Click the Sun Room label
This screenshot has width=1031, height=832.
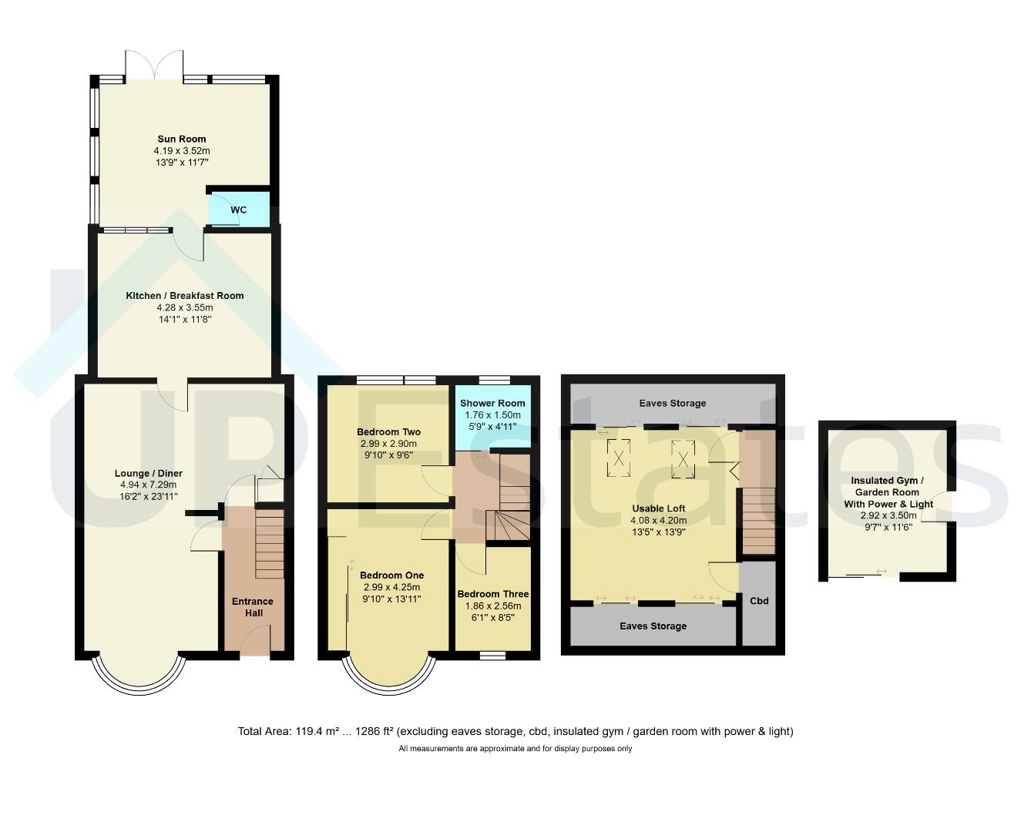tap(182, 139)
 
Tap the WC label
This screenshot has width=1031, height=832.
tap(238, 210)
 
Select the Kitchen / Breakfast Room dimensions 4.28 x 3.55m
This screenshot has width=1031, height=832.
tap(184, 307)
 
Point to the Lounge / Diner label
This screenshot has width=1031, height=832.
tap(149, 473)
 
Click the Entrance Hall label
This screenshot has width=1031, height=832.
tap(253, 607)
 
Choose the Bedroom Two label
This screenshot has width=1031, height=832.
tap(388, 431)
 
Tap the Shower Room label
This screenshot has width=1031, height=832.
tap(492, 403)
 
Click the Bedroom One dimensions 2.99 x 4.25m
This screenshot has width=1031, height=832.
tap(391, 587)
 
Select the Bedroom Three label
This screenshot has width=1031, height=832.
tap(492, 594)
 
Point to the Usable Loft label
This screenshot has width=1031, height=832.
tap(659, 508)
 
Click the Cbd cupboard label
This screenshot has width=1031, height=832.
tap(759, 601)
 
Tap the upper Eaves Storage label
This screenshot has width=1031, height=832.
tap(673, 403)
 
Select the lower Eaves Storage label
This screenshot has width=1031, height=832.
tap(653, 626)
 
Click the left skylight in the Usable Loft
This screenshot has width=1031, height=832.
tap(618, 458)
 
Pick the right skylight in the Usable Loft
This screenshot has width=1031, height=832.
tap(683, 459)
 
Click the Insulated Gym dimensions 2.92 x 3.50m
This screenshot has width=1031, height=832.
tap(888, 515)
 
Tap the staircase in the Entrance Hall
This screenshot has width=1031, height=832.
tap(270, 544)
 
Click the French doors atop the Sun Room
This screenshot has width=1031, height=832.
tap(154, 65)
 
